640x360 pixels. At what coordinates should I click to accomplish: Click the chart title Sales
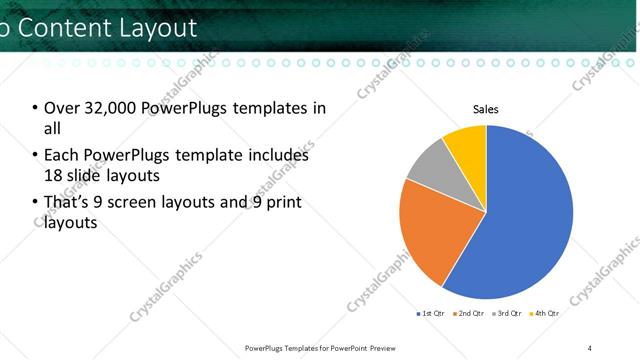[x=486, y=109]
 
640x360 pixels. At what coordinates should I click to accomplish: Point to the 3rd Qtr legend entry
[x=508, y=313]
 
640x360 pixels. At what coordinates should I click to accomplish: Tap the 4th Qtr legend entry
[x=545, y=313]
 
